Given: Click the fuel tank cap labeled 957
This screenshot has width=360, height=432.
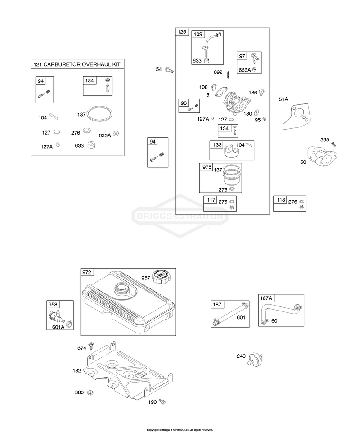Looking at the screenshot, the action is click(x=160, y=277).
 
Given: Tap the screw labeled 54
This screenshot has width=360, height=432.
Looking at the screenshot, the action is click(x=169, y=70).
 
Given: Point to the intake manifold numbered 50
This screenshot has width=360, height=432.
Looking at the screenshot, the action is click(x=323, y=157).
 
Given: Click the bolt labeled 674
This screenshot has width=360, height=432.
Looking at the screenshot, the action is click(x=90, y=346).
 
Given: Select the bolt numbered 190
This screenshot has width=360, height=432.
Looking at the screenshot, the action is click(x=162, y=402).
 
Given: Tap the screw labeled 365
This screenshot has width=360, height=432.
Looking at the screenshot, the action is click(x=333, y=144).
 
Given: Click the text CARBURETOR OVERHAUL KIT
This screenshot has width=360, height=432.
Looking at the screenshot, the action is click(x=82, y=64).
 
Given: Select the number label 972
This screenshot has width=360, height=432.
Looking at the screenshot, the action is click(x=87, y=272).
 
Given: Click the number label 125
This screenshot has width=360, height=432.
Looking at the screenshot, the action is click(x=182, y=32).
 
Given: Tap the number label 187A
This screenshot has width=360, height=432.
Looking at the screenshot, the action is click(x=266, y=298).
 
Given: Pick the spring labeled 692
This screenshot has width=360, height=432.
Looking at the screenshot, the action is click(x=228, y=75).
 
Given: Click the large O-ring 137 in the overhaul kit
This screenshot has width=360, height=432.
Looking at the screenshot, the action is click(x=100, y=114).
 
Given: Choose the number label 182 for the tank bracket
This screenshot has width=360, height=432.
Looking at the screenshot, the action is click(x=77, y=370).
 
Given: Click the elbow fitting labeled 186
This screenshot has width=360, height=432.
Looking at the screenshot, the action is click(x=261, y=92).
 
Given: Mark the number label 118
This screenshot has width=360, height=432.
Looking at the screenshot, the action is click(x=281, y=200).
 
